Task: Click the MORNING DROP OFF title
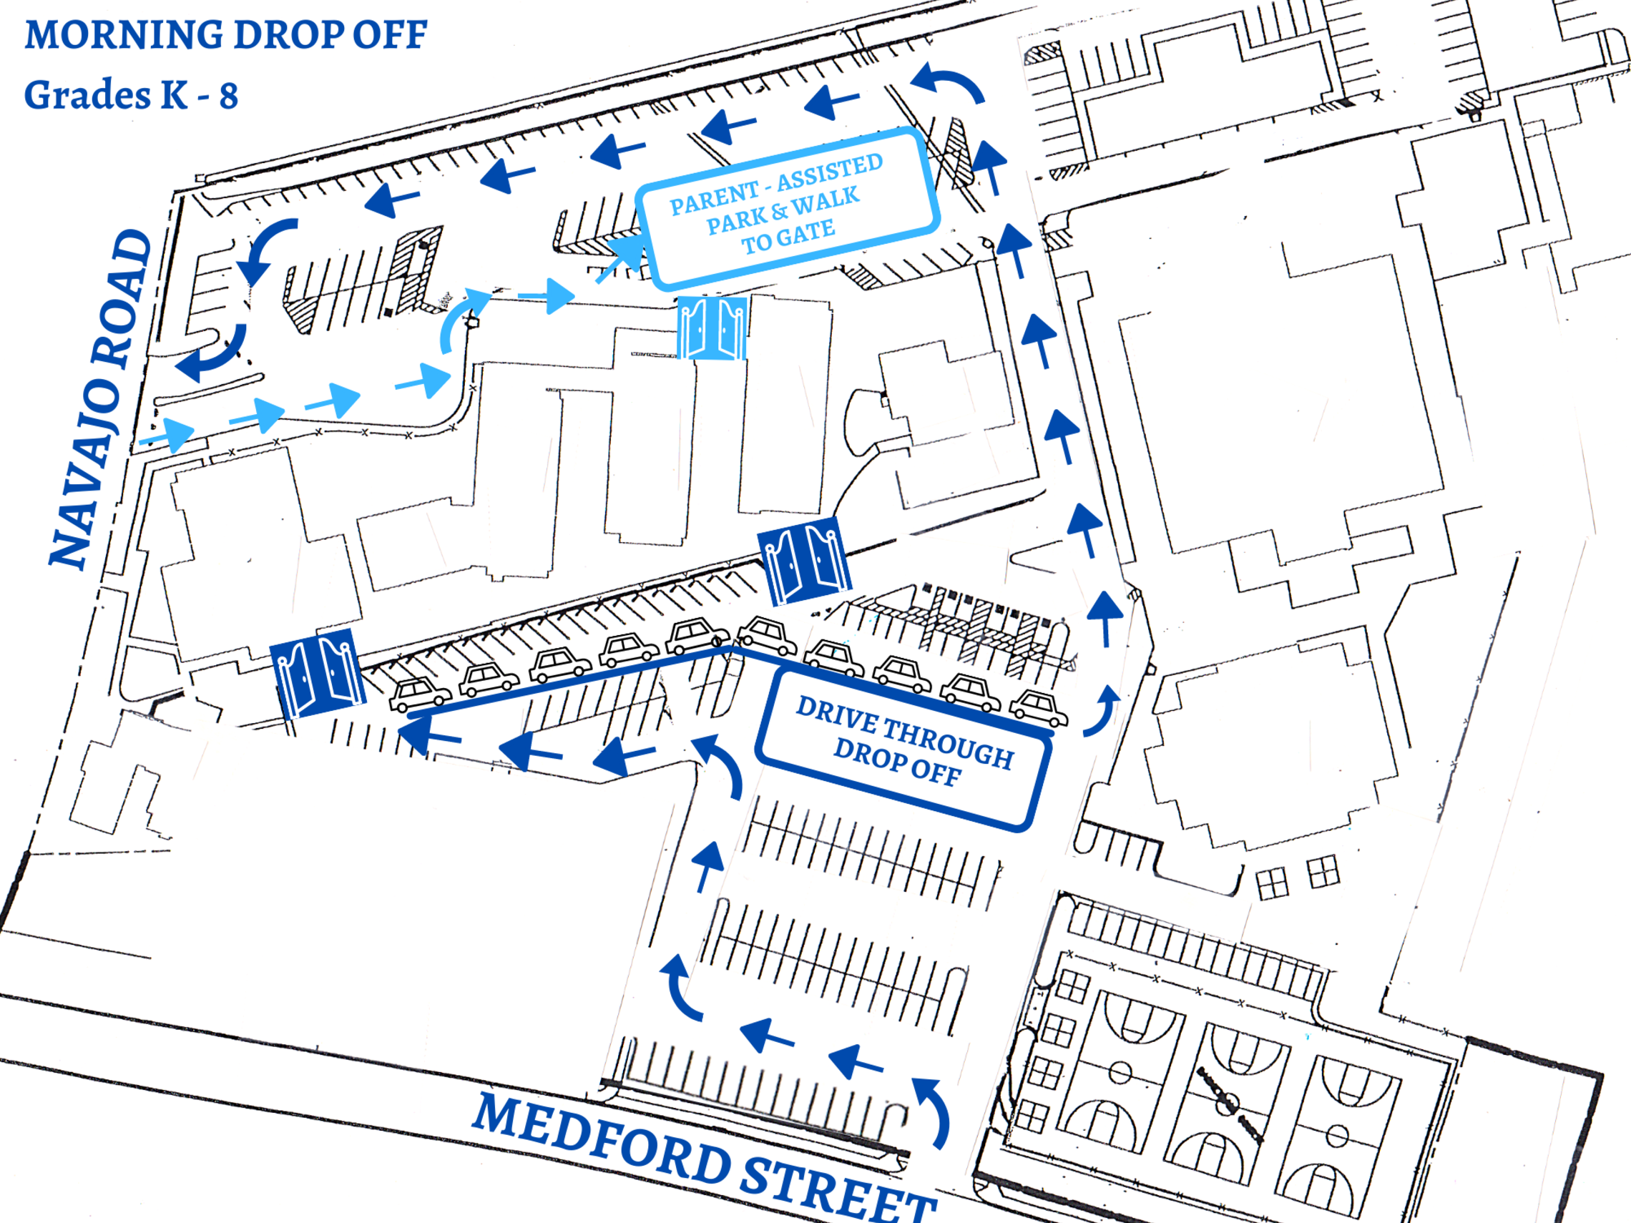[225, 34]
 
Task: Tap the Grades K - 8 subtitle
[131, 95]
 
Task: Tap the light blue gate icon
[712, 328]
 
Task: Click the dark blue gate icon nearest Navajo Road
[318, 673]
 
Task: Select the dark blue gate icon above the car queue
[805, 560]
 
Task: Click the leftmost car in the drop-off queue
[419, 694]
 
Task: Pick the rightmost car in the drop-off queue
[1038, 709]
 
